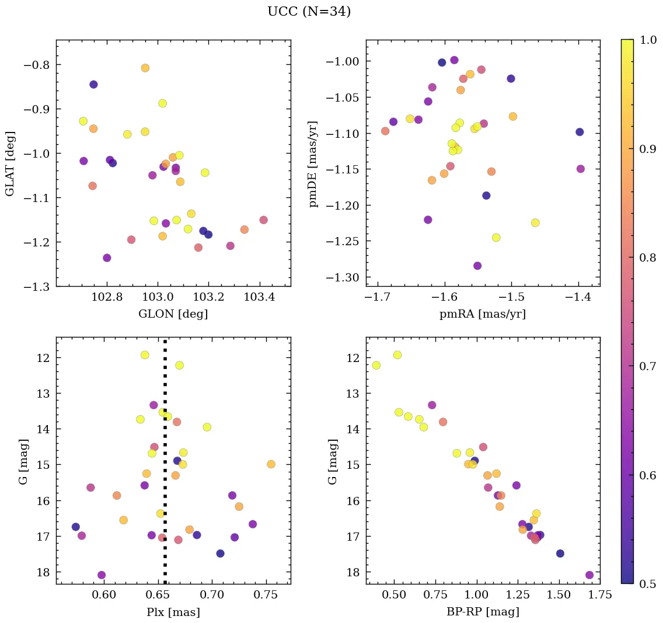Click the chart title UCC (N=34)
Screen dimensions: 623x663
309,12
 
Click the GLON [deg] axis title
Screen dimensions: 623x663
173,314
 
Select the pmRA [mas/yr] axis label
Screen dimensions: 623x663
483,314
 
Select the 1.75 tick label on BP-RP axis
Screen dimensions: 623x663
601,596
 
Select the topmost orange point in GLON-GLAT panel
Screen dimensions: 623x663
145,68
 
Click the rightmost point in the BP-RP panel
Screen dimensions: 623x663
589,575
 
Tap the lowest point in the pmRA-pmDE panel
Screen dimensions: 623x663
477,266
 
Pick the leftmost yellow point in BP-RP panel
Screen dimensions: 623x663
376,366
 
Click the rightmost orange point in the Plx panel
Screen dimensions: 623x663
271,464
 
